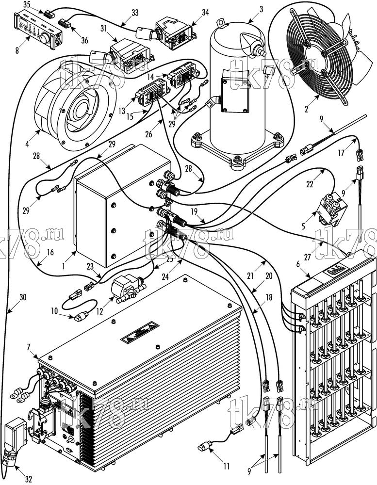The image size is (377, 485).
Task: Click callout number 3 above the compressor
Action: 261,9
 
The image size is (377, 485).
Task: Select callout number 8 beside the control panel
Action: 17,49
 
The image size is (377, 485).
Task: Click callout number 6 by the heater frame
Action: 298,264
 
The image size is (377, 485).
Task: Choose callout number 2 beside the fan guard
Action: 306,109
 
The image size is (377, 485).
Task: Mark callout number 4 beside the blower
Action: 27,144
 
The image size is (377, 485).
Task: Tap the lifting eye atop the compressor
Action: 220,23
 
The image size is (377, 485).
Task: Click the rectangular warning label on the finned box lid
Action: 139,334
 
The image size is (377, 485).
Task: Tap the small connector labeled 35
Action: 49,14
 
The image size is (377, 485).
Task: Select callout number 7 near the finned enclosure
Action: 29,347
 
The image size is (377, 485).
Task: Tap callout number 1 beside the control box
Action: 64,265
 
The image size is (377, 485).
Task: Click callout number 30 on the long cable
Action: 23,297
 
